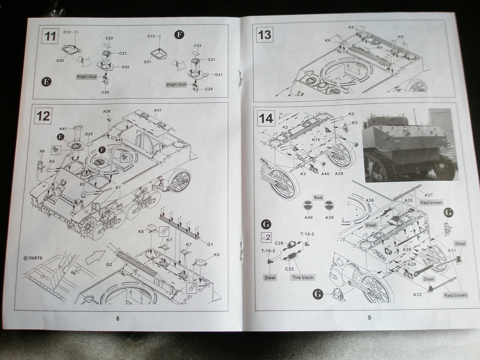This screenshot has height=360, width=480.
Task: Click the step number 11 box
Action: click(x=50, y=36)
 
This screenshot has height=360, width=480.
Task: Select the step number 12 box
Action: click(x=43, y=116)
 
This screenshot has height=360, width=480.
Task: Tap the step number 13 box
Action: click(x=265, y=35)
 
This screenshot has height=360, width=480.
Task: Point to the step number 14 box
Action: click(x=266, y=118)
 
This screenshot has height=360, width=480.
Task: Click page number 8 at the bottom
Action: click(x=118, y=318)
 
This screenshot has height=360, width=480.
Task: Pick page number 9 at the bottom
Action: click(x=369, y=318)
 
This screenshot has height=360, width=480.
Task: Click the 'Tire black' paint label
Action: click(x=303, y=277)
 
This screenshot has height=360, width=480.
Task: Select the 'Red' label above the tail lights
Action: click(x=318, y=198)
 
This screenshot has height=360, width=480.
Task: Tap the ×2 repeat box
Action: click(x=266, y=238)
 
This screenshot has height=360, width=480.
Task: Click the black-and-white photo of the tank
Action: click(x=411, y=145)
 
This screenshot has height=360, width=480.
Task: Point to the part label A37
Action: click(x=158, y=110)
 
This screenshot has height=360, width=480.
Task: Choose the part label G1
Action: click(x=210, y=244)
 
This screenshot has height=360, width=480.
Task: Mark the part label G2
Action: click(x=109, y=264)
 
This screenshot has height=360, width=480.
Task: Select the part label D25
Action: click(x=89, y=134)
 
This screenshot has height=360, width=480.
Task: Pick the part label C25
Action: click(x=289, y=269)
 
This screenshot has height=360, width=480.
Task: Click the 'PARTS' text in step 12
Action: click(x=36, y=258)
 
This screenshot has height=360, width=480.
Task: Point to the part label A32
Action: click(x=417, y=294)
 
